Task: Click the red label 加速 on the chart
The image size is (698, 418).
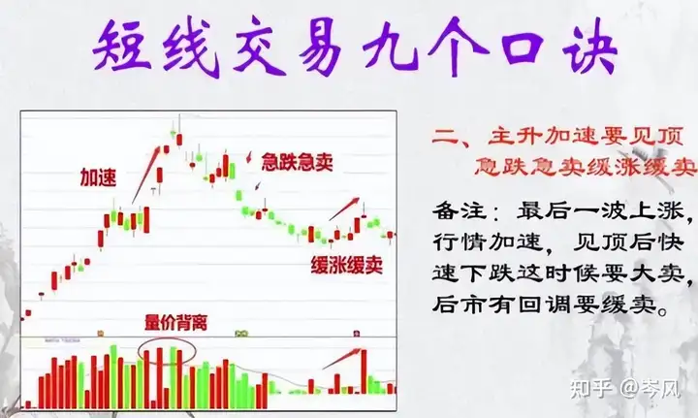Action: pyautogui.click(x=98, y=177)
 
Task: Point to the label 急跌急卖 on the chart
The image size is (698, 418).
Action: pyautogui.click(x=297, y=162)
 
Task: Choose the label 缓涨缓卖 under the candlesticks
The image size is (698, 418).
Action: pyautogui.click(x=347, y=265)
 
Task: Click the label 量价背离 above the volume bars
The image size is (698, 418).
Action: pyautogui.click(x=176, y=323)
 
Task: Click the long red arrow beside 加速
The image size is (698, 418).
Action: pyautogui.click(x=145, y=175)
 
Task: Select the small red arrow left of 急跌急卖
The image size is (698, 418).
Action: pyautogui.click(x=249, y=157)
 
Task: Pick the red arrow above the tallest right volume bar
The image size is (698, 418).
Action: pyautogui.click(x=341, y=359)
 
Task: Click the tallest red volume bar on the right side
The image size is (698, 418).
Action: pyautogui.click(x=365, y=371)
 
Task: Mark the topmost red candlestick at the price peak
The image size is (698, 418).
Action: pyautogui.click(x=179, y=140)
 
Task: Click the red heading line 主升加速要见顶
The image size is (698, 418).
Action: pyautogui.click(x=557, y=136)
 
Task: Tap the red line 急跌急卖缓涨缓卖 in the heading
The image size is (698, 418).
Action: pyautogui.click(x=585, y=167)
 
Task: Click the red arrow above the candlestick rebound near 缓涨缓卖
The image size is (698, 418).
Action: pyautogui.click(x=343, y=209)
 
